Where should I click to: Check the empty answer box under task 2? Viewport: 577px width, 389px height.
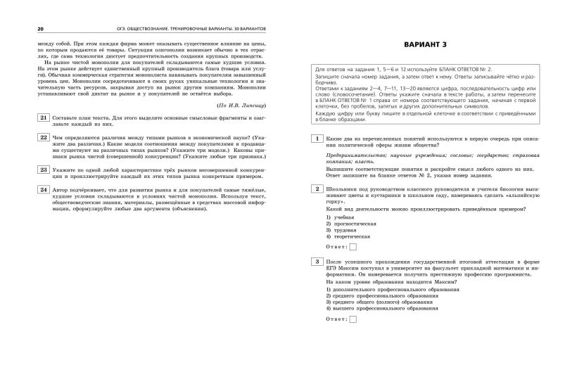tap(353, 247)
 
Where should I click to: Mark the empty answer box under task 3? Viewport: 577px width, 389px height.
tap(353, 319)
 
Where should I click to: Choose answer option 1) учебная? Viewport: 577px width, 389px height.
tap(343, 217)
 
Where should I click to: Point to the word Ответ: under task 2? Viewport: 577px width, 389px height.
tap(336, 247)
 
